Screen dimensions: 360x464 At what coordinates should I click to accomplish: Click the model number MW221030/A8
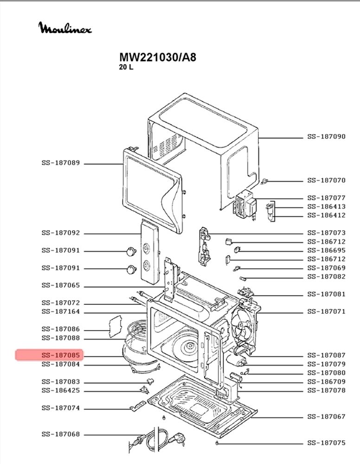tap(158, 57)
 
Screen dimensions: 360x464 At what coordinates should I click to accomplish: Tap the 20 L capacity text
tap(126, 67)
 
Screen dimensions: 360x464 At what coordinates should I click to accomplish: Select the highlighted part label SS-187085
tap(61, 355)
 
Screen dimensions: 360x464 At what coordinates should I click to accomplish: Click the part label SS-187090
tap(326, 137)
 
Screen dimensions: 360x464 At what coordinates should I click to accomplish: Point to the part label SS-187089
tap(61, 163)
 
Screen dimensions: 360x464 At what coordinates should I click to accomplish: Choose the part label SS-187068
tap(61, 434)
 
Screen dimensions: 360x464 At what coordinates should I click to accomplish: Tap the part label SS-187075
tap(326, 443)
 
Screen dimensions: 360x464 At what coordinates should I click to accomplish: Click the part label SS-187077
tap(326, 198)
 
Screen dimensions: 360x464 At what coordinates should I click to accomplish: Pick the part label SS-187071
tap(326, 312)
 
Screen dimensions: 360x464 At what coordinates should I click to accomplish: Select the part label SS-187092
tap(61, 233)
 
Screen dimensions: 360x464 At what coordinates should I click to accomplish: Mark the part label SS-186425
tap(61, 390)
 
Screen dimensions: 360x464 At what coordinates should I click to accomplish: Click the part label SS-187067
tap(326, 417)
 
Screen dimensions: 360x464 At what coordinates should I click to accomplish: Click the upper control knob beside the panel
tap(131, 251)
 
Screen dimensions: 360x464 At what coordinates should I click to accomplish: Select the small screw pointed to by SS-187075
tap(217, 443)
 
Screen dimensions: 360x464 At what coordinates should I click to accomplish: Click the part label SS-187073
tap(326, 233)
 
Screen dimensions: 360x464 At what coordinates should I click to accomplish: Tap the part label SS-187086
tap(61, 329)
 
